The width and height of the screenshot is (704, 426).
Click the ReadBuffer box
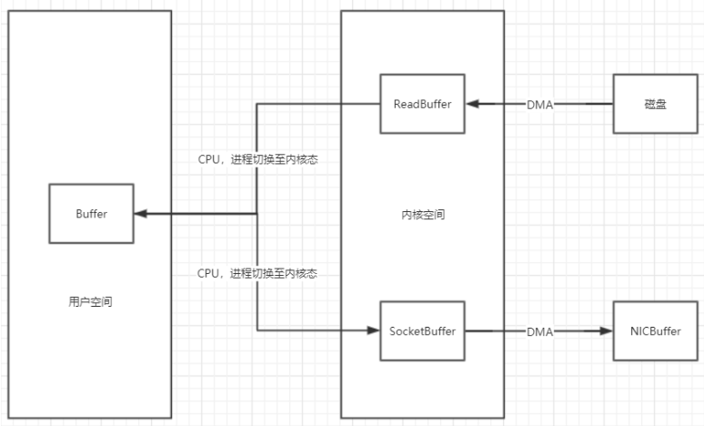[x=423, y=105]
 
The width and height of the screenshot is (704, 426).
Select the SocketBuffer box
[x=423, y=331]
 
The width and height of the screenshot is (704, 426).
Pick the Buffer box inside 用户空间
[x=91, y=214]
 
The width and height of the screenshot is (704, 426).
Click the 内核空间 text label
[x=423, y=216]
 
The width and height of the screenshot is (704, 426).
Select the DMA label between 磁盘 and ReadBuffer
[x=540, y=105]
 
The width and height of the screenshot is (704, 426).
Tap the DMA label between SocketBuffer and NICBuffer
[x=540, y=331]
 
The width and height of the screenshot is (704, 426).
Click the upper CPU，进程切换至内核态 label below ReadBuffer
[x=257, y=159]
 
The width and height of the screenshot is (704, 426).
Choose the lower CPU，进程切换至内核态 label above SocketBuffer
[x=257, y=273]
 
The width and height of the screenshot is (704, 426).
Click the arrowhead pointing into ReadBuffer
[x=471, y=105]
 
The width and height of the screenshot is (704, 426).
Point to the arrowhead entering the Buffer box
[x=140, y=214]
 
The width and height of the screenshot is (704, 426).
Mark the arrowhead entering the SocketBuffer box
[x=373, y=331]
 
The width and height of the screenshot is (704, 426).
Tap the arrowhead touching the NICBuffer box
[x=608, y=331]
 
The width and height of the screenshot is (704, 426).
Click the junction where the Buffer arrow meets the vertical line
[x=256, y=214]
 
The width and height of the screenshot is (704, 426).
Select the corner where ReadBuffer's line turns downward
[x=256, y=105]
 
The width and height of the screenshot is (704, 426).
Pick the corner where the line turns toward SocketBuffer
[x=256, y=331]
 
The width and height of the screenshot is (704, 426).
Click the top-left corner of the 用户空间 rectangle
[x=9, y=11]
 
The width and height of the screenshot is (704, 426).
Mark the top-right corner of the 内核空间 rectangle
[x=504, y=11]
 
